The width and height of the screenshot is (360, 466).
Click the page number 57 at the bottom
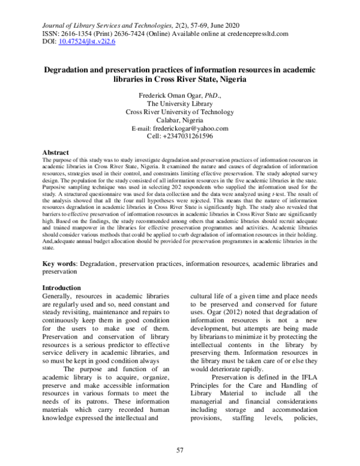[179, 450]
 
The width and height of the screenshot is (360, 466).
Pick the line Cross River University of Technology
[179, 111]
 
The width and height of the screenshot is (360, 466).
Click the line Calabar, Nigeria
[179, 120]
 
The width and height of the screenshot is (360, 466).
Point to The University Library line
[179, 103]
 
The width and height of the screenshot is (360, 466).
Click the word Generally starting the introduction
[60, 297]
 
